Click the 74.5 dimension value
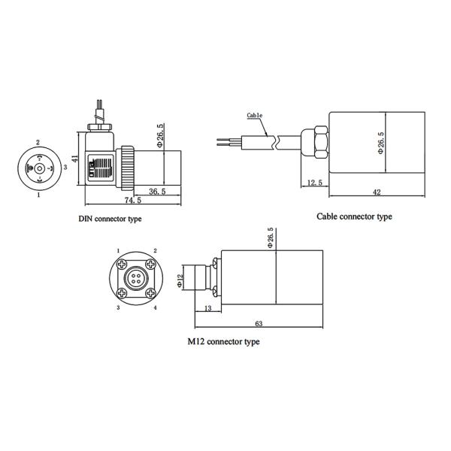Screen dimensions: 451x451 pos(132,201)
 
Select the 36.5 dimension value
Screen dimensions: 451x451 pos(158,192)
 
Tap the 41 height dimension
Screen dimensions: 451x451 pos(75,160)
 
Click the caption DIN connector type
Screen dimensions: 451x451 pos(110,219)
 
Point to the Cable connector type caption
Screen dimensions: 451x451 pos(355,216)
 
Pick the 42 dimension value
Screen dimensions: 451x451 pos(377,192)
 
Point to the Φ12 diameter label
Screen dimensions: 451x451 pos(180,280)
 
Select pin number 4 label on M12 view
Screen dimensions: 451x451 pos(156,308)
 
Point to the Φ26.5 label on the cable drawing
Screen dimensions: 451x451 pos(380,143)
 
